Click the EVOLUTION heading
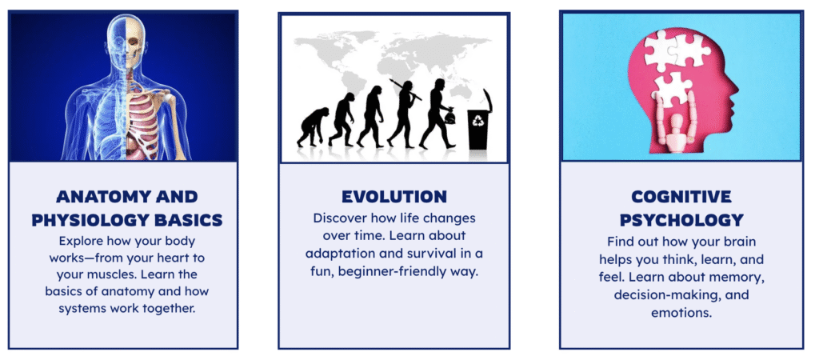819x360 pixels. [x=394, y=197]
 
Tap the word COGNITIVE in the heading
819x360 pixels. [x=681, y=197]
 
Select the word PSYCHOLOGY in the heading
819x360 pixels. [x=681, y=219]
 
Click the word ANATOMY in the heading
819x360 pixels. [x=102, y=197]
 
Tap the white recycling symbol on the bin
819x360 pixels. [x=477, y=122]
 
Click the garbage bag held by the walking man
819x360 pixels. [x=449, y=116]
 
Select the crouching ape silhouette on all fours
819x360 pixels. [x=312, y=127]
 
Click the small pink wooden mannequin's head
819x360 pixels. [x=677, y=122]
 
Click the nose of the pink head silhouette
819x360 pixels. [x=734, y=86]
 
